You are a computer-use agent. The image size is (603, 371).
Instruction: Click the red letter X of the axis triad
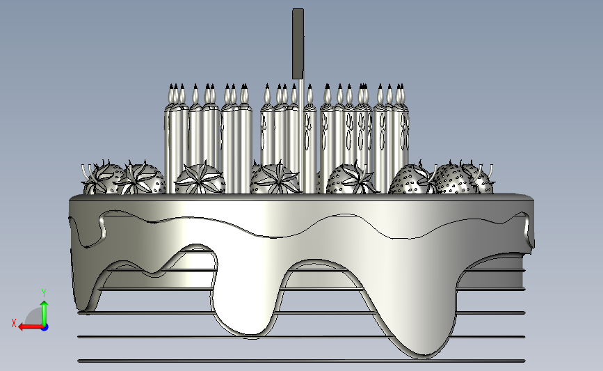tap(14, 323)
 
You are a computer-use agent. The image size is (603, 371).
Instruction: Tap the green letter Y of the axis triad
tap(44, 294)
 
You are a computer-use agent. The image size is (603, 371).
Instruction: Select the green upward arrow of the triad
tap(45, 313)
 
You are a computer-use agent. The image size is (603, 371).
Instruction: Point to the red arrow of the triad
tap(31, 327)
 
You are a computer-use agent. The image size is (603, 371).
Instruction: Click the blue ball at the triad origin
tap(45, 328)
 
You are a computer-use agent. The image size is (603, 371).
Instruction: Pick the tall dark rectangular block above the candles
tap(298, 44)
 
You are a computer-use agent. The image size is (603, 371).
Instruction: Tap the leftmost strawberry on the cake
tap(103, 178)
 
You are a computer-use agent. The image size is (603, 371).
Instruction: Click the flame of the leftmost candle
tap(171, 93)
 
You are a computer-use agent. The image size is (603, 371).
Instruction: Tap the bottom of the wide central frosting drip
tap(250, 333)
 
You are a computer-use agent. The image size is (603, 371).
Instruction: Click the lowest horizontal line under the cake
tap(302, 361)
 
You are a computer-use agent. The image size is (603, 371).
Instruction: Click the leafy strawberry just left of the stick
tap(275, 179)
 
